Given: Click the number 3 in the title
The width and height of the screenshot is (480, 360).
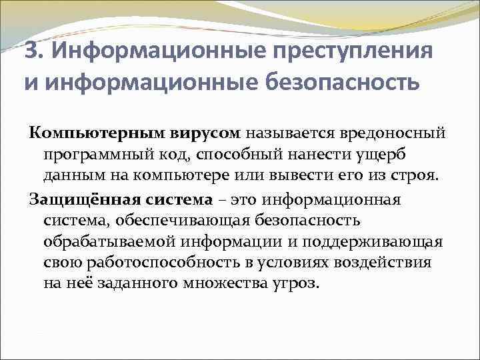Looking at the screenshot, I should point(29,50).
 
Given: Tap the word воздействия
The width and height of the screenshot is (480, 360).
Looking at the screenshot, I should point(385,262).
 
